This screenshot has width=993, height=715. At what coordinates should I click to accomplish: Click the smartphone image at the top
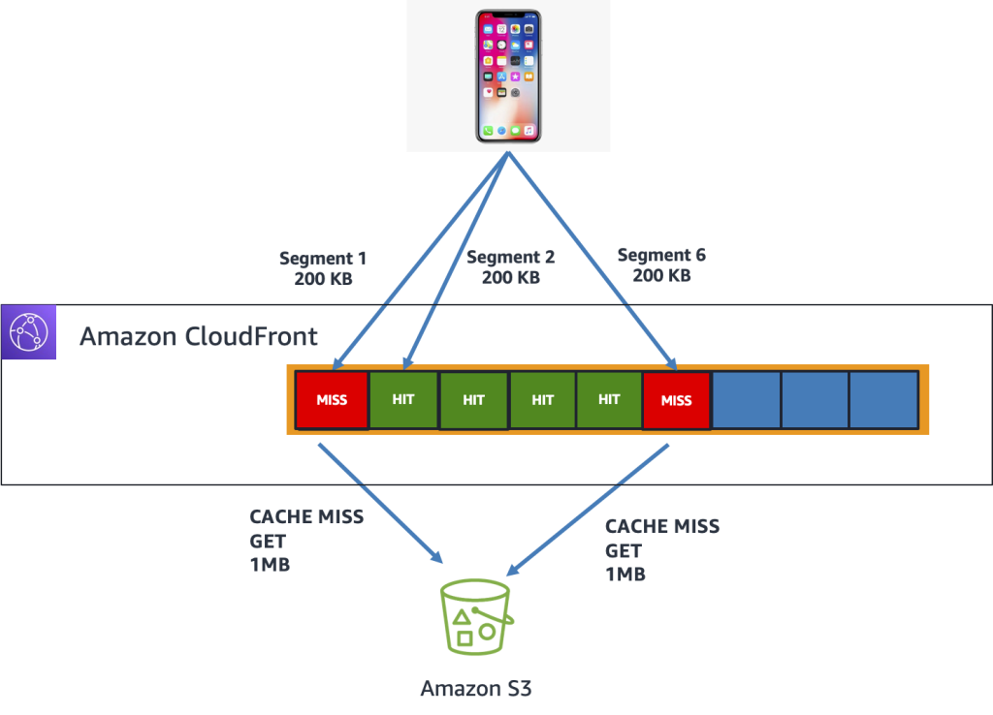[x=507, y=76]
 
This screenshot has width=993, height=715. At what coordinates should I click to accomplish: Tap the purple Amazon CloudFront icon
[x=29, y=332]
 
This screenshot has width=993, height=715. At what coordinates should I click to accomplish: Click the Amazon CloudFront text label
[x=198, y=336]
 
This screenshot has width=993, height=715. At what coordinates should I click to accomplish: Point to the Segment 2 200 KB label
[x=510, y=266]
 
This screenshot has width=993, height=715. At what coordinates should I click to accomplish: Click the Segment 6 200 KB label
[x=661, y=264]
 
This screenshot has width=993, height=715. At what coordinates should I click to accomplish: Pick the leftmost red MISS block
[x=332, y=399]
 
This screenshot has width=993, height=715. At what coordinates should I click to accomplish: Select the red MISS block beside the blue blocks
[x=676, y=399]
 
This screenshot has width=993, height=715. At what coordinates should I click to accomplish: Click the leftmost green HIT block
[x=403, y=399]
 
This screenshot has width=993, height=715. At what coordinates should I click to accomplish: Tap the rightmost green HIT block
[x=608, y=399]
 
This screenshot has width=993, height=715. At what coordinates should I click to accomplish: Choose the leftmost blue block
[x=746, y=399]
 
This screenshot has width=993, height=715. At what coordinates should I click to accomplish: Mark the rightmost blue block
[x=883, y=399]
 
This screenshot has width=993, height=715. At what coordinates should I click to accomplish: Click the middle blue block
[x=815, y=399]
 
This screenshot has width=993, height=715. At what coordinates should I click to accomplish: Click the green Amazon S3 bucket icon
[x=475, y=616]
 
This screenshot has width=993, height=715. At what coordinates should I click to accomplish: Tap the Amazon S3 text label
[x=475, y=689]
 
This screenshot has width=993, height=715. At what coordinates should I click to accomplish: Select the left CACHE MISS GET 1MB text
[x=306, y=541]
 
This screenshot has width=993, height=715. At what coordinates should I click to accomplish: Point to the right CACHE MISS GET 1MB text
[x=662, y=550]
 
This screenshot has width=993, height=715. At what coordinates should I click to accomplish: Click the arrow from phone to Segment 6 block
[x=592, y=262]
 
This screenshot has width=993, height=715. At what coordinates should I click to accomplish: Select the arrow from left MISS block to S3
[x=378, y=504]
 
